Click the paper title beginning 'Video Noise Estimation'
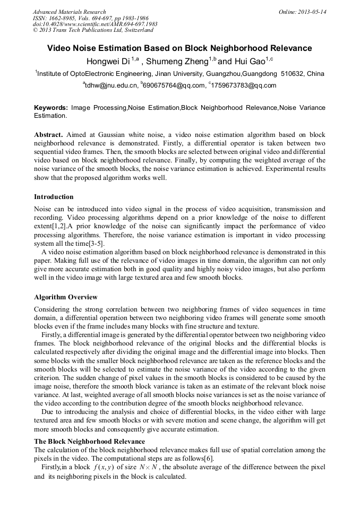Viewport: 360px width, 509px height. pos(179,48)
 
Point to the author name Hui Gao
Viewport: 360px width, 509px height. pos(250,61)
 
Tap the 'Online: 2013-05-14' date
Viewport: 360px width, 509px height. pos(302,12)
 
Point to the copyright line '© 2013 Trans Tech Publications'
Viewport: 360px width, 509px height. pos(89,31)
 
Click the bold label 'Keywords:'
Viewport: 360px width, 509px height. pos(50,108)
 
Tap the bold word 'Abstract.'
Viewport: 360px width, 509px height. pos(48,135)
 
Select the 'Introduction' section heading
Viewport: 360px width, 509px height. pos(54,197)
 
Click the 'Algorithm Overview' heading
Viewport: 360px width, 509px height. pos(65,297)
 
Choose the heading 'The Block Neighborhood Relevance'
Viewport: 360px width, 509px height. pos(89,442)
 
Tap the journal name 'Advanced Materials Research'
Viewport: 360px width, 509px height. pos(70,12)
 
